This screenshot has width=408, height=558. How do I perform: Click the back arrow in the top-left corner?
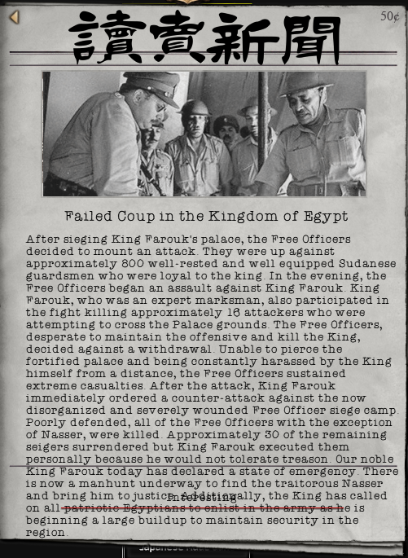15,17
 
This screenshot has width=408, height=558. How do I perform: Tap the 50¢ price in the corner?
390,16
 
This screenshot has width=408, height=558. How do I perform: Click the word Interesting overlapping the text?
202,498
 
